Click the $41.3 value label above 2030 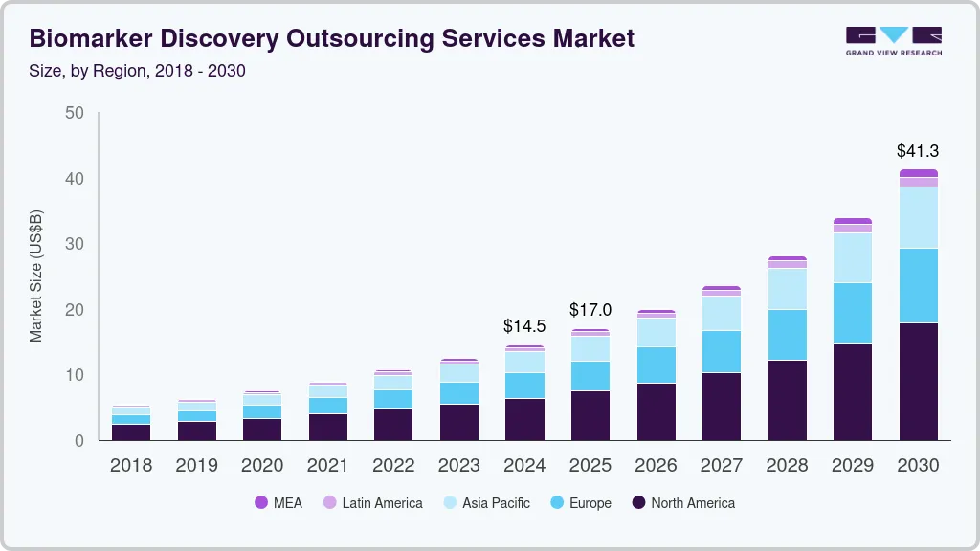[x=918, y=151]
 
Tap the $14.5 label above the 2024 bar [x=524, y=326]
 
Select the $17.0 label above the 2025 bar [x=590, y=310]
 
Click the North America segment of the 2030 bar [x=918, y=382]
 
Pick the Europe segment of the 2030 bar [x=918, y=285]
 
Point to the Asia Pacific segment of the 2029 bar [x=852, y=257]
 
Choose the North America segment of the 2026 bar [x=656, y=411]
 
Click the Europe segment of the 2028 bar [x=787, y=335]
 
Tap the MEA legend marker [x=261, y=503]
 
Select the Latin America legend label [x=382, y=503]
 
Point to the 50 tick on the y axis [x=75, y=114]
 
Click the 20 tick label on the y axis [x=75, y=310]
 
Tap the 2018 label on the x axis [x=131, y=466]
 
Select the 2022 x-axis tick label [x=393, y=466]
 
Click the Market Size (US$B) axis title [x=36, y=275]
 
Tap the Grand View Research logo [x=893, y=40]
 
